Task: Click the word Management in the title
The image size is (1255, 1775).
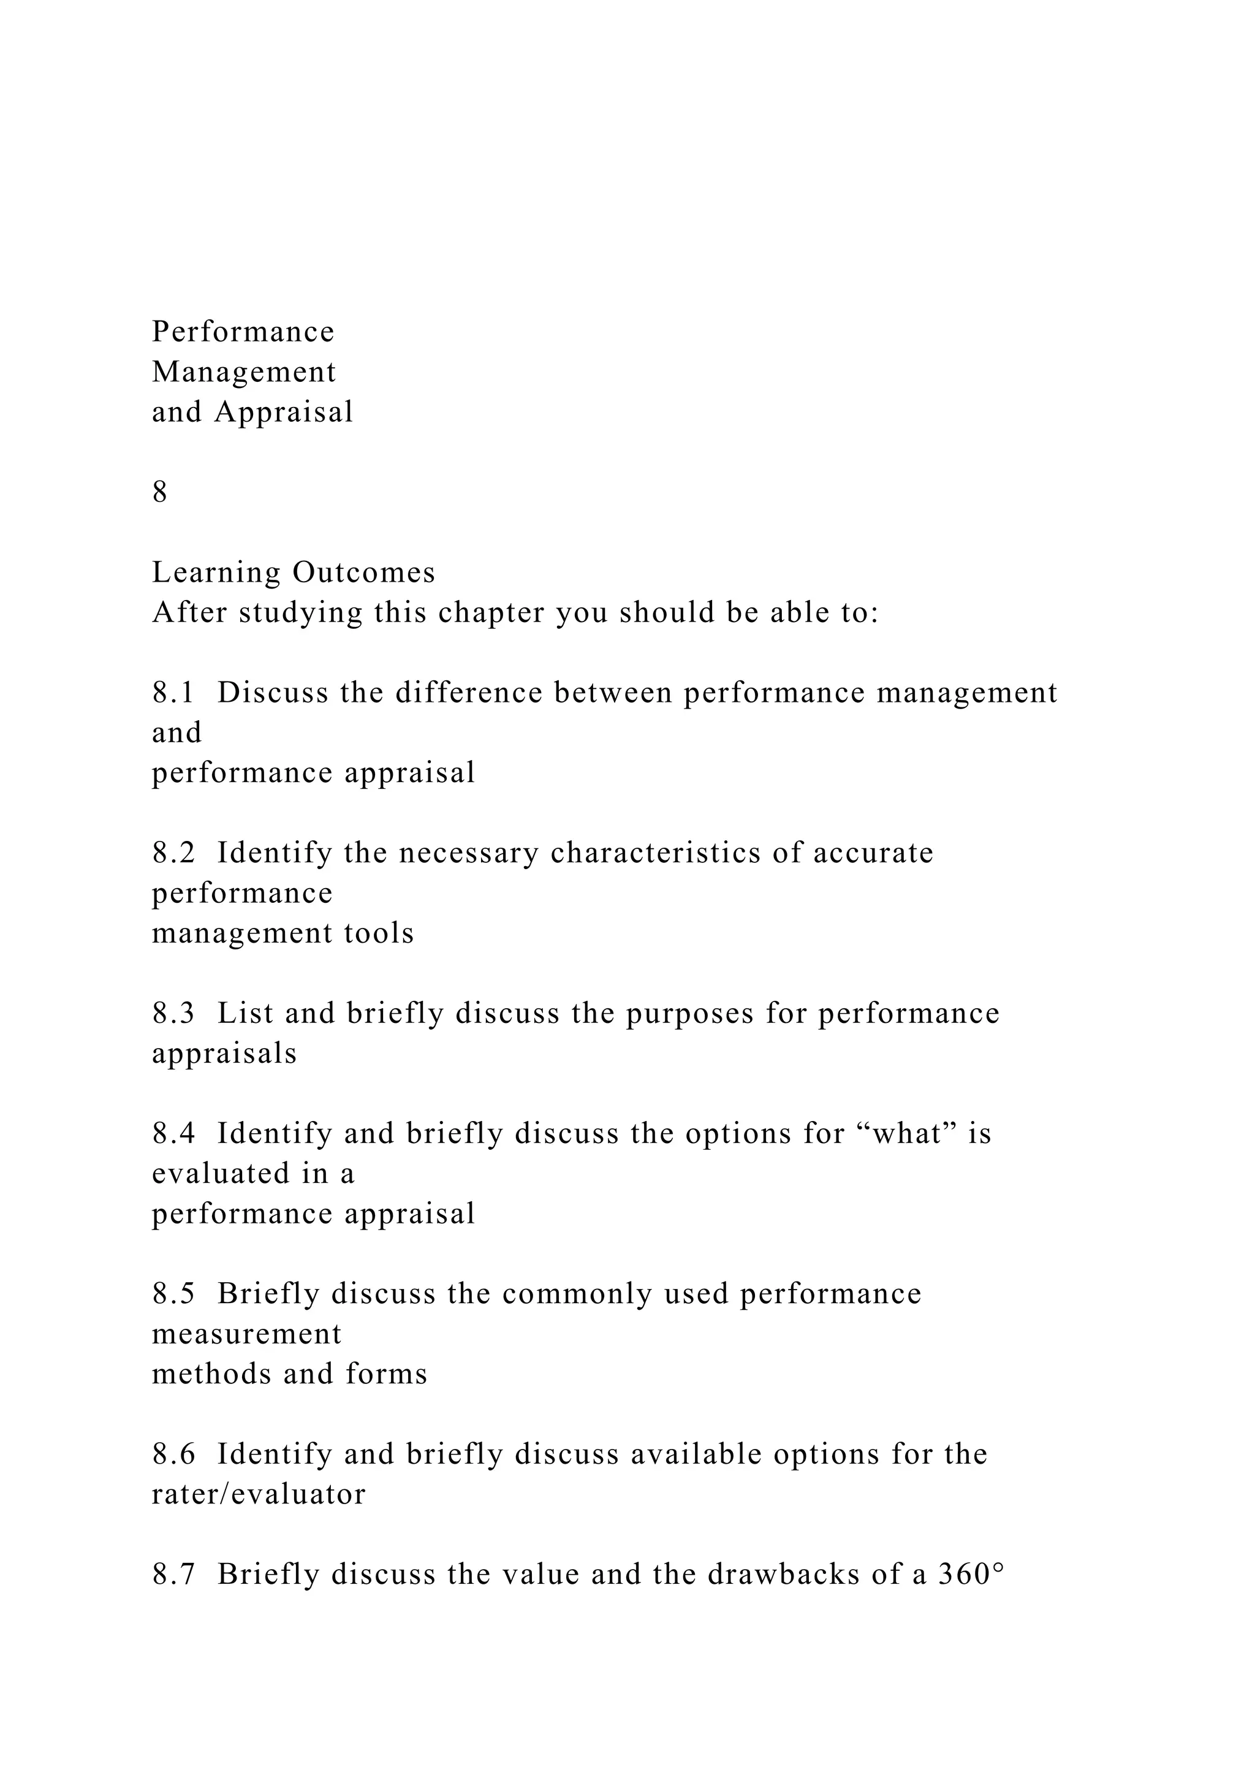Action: [245, 373]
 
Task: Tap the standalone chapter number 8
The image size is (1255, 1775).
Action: [160, 492]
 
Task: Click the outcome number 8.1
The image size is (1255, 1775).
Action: [174, 693]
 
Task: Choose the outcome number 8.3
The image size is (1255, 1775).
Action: [174, 1014]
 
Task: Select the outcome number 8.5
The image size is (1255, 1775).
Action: [174, 1294]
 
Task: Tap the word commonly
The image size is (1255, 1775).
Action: [577, 1294]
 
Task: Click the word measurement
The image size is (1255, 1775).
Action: [246, 1334]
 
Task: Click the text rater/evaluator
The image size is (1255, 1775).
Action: [258, 1494]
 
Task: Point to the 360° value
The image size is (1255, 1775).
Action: [971, 1575]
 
